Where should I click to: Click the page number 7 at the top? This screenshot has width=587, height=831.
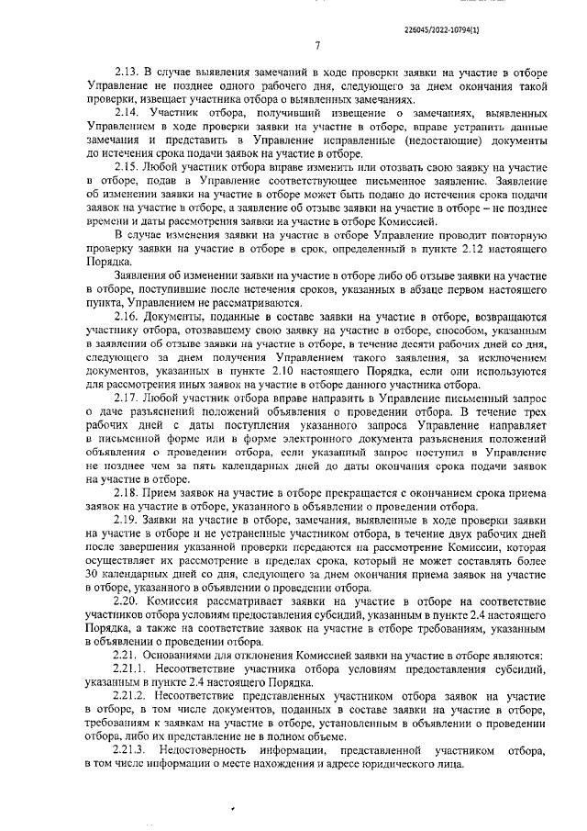tap(316, 47)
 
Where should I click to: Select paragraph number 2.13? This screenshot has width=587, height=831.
tap(127, 73)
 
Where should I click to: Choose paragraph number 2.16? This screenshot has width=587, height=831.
tap(127, 315)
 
